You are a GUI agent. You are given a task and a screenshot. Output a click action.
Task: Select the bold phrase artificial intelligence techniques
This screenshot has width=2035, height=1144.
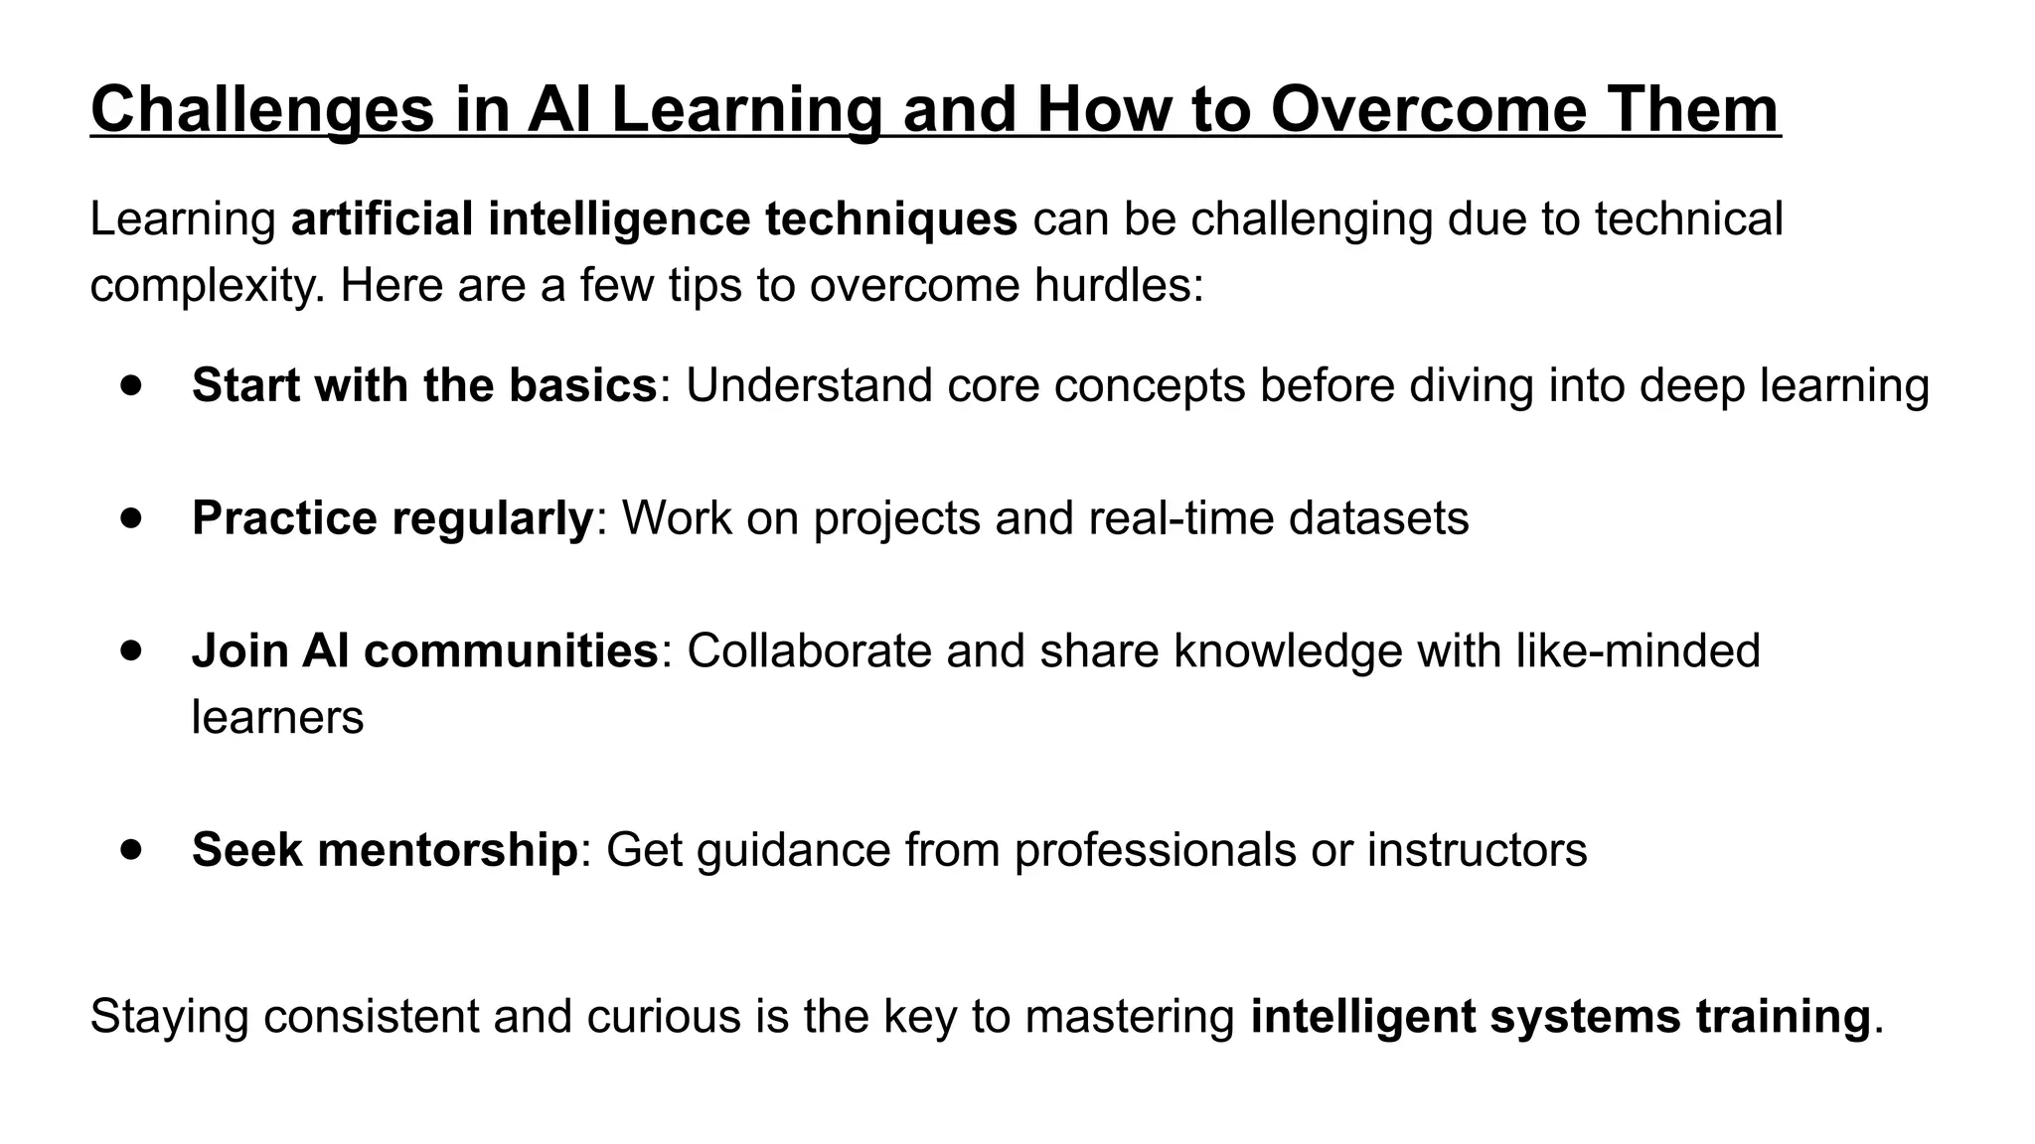654,218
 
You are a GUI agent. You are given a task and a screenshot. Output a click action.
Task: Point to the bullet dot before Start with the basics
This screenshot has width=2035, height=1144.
131,384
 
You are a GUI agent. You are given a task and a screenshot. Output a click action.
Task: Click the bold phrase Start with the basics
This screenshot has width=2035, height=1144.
424,385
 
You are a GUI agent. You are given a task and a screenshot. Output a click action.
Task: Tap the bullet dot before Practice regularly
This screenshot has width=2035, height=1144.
131,517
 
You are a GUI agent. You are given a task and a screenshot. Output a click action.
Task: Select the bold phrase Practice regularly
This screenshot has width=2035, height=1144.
392,518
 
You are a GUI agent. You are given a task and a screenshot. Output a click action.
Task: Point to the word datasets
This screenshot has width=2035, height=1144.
1378,518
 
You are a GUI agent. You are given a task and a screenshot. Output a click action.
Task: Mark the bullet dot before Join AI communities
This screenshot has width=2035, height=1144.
131,650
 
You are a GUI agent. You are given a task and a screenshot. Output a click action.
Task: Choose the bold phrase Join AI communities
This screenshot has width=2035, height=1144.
424,651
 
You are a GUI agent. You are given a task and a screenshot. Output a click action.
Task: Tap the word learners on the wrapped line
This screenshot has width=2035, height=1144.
277,717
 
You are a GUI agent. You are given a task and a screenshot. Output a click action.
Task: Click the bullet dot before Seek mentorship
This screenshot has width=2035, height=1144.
131,849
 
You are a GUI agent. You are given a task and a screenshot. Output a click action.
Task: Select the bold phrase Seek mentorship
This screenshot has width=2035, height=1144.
385,850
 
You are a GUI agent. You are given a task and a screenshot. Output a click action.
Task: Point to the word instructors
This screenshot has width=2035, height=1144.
1477,850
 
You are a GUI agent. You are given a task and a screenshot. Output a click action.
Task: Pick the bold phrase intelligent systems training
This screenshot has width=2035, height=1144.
1560,1016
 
